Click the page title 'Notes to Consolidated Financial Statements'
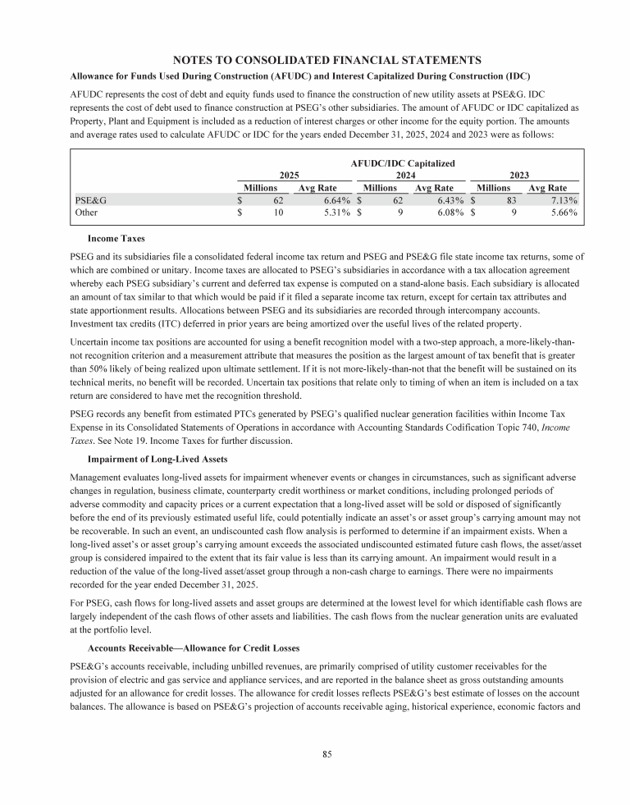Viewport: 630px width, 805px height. tap(326, 59)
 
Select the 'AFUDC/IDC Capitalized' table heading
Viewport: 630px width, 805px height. tap(402, 164)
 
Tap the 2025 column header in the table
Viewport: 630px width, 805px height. tap(290, 176)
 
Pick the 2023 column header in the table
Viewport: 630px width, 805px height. tap(520, 176)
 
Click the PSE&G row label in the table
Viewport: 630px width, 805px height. tap(90, 199)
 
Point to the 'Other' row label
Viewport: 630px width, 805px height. tap(86, 213)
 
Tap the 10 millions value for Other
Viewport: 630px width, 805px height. tap(278, 213)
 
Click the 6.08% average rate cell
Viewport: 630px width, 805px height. tap(449, 213)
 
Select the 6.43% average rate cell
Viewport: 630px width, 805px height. tap(449, 199)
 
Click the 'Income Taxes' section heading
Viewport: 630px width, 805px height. tap(116, 239)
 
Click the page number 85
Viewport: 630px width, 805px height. tap(326, 752)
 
